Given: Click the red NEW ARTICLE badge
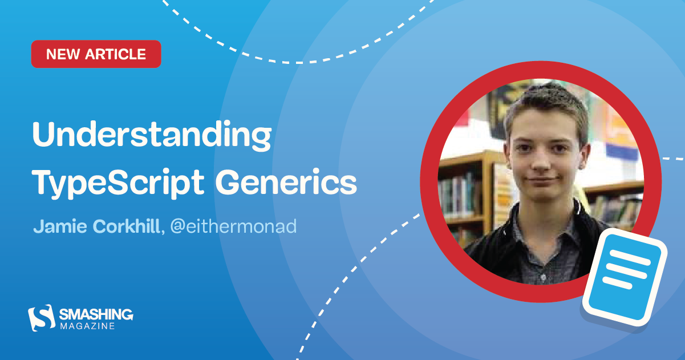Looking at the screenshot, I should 96,54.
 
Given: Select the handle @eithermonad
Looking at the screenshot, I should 233,226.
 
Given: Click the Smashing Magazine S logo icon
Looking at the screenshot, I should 41,317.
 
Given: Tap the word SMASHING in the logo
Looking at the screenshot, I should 96,314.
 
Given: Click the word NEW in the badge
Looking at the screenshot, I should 63,54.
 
